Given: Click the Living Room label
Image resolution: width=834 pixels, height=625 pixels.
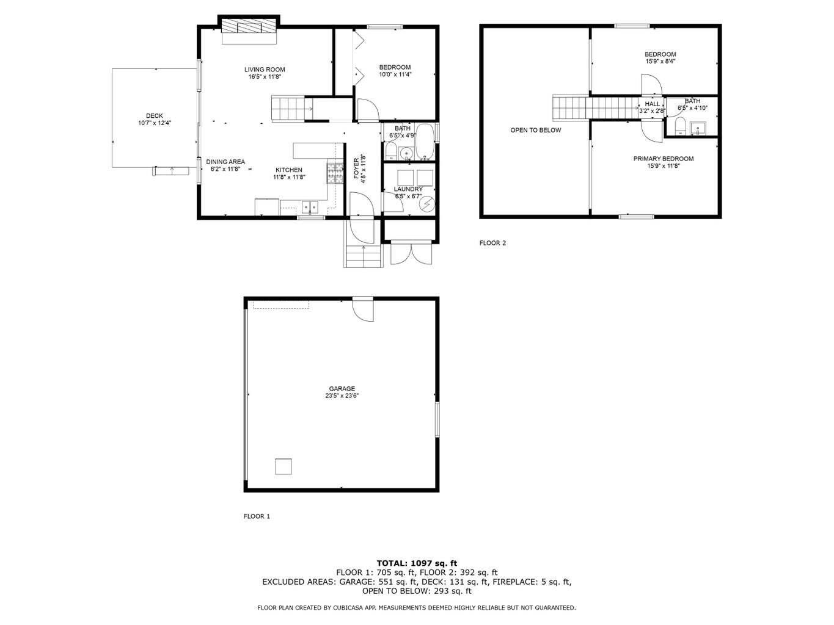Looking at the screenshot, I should pyautogui.click(x=265, y=70).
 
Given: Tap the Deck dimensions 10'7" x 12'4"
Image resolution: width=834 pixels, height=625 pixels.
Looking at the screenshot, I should pyautogui.click(x=155, y=123).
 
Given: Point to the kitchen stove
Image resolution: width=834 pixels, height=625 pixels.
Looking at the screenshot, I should pyautogui.click(x=335, y=173).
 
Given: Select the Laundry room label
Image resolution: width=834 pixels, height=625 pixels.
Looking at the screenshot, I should pyautogui.click(x=408, y=189).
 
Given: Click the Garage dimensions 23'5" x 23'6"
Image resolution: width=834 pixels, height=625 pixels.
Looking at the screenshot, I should pyautogui.click(x=342, y=396).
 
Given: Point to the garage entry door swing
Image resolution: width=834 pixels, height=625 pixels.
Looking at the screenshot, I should pyautogui.click(x=364, y=309).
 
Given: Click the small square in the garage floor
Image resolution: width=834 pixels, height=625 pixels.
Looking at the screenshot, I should pyautogui.click(x=283, y=466).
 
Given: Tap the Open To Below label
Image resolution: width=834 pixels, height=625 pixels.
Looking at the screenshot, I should pyautogui.click(x=535, y=130).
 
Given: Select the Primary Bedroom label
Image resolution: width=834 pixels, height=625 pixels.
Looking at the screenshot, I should pyautogui.click(x=663, y=159).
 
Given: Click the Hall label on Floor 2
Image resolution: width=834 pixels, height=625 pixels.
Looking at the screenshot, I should pyautogui.click(x=652, y=104).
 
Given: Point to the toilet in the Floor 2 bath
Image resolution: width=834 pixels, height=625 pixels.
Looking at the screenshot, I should pyautogui.click(x=679, y=127).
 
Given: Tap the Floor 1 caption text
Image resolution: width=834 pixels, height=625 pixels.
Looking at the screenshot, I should pyautogui.click(x=257, y=516).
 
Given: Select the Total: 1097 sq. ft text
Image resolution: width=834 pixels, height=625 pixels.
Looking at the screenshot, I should pyautogui.click(x=417, y=563).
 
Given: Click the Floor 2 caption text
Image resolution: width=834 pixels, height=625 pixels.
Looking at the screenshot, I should pyautogui.click(x=492, y=243).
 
